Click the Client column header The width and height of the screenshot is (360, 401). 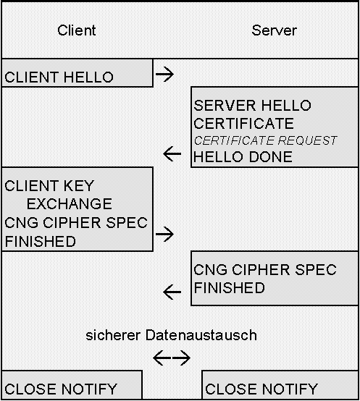click(x=76, y=30)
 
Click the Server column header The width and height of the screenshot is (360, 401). click(x=274, y=30)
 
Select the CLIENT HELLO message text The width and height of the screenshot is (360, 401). click(x=59, y=77)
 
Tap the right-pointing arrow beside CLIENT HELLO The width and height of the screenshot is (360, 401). click(x=165, y=73)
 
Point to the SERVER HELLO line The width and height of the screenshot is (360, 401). click(x=252, y=106)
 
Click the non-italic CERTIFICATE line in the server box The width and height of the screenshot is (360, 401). click(x=243, y=123)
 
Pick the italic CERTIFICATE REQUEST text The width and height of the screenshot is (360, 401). click(x=265, y=140)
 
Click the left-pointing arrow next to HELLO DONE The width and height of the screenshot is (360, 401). click(x=172, y=153)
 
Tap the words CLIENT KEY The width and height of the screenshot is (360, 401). click(x=49, y=187)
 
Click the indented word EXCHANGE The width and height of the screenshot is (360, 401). click(x=70, y=204)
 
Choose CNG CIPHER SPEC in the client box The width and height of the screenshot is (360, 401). click(x=76, y=223)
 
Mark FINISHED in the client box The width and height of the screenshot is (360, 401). click(x=41, y=242)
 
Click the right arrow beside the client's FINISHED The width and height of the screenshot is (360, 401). click(x=165, y=234)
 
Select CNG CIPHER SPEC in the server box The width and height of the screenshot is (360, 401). click(x=265, y=271)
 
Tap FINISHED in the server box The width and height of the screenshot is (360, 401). click(x=229, y=288)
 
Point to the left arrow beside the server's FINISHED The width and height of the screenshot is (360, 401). click(x=172, y=292)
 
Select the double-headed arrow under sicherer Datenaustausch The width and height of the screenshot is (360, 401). click(x=172, y=358)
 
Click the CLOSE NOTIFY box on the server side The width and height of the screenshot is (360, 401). click(x=261, y=389)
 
